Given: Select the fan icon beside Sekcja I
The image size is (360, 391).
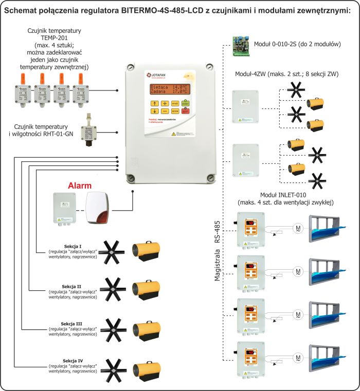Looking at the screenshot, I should (111, 252).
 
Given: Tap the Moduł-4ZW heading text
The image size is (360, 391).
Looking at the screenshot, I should (286, 75).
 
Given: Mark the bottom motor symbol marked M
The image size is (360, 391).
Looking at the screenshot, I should (298, 357).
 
